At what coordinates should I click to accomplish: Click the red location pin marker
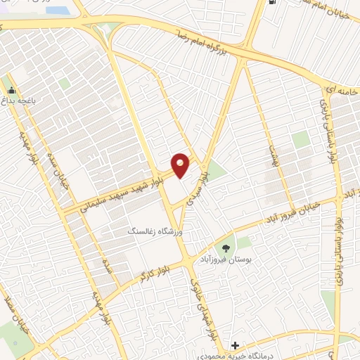coord(181,165)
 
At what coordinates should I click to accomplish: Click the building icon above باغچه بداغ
coord(11,91)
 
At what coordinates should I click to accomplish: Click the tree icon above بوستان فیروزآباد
coord(226,247)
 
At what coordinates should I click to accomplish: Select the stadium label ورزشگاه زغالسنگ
coord(152,231)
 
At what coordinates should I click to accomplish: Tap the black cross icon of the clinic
coord(236,345)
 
